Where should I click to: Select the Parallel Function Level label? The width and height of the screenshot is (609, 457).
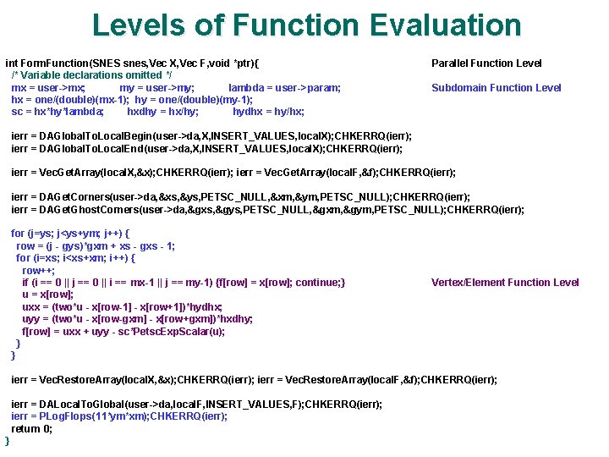coord(486,63)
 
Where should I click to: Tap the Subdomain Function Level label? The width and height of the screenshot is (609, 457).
coord(496,88)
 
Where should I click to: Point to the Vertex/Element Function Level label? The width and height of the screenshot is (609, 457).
coord(505,283)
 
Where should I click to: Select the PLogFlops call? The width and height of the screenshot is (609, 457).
coord(71,416)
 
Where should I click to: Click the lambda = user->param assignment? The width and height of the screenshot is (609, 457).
coord(284,88)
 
